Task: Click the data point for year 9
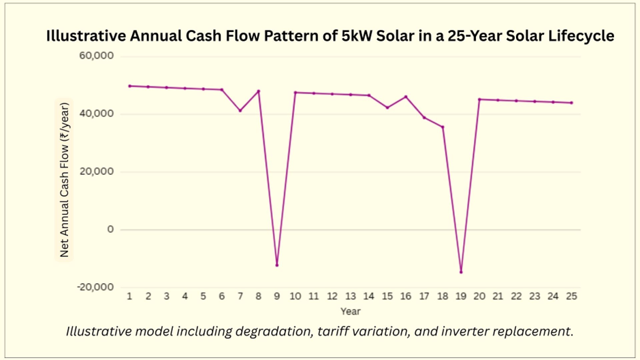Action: (276, 265)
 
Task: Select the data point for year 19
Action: (461, 272)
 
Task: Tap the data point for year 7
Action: (240, 110)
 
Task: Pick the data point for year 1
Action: (129, 86)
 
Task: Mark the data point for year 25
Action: (571, 103)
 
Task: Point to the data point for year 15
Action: (387, 108)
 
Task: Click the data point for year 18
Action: (443, 127)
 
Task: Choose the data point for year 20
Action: (479, 99)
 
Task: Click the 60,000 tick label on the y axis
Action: (96, 56)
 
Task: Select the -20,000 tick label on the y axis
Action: (95, 287)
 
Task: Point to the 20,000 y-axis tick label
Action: (96, 171)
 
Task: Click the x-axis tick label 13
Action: (350, 297)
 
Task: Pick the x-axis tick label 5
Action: (203, 297)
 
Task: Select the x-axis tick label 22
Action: (516, 297)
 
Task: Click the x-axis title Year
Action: (350, 311)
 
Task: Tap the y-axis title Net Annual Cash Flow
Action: (65, 180)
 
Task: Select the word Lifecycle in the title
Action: (581, 36)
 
